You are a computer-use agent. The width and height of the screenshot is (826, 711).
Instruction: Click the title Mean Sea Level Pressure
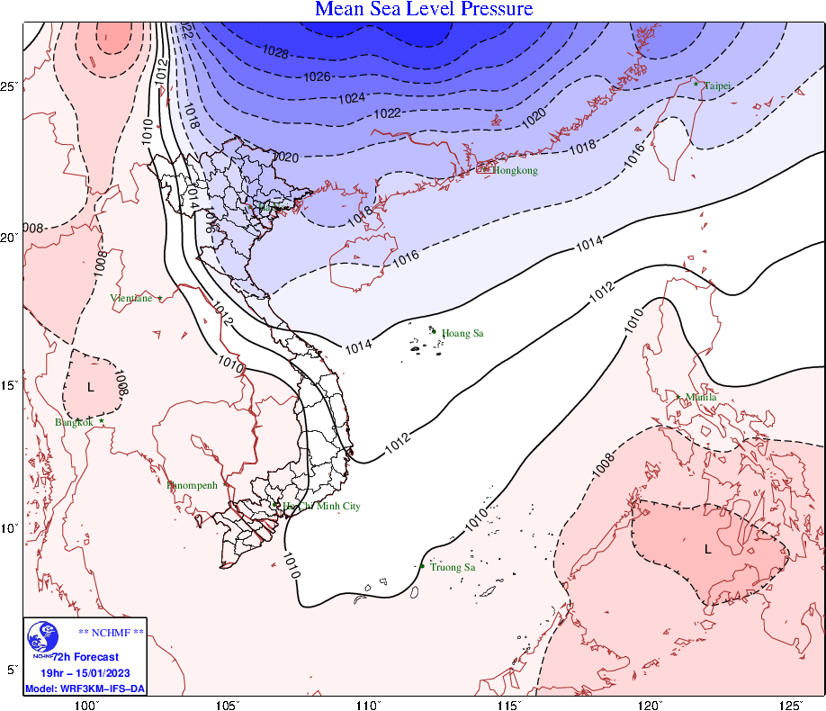click(424, 10)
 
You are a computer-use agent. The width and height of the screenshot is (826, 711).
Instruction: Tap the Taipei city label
click(717, 85)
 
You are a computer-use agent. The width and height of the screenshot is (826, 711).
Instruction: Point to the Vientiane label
click(131, 298)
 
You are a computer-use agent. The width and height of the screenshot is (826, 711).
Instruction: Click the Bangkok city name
click(74, 422)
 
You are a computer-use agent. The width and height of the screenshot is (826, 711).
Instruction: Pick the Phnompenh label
click(193, 485)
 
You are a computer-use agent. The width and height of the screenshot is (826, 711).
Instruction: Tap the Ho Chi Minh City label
click(321, 507)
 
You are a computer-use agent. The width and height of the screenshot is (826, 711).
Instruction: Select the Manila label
click(701, 397)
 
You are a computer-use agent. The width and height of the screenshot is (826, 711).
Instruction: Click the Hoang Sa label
click(462, 334)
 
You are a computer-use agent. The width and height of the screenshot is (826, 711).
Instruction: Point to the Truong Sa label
click(453, 567)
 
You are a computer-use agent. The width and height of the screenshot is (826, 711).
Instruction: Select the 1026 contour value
click(317, 76)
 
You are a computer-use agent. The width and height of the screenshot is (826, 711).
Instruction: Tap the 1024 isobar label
click(352, 97)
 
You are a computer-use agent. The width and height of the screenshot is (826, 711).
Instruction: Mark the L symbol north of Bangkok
click(90, 387)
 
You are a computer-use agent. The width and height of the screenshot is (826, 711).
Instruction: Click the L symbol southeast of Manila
click(708, 548)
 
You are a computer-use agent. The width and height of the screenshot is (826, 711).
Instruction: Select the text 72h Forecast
click(85, 658)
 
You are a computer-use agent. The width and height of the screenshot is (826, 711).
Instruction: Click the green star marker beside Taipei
click(696, 84)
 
